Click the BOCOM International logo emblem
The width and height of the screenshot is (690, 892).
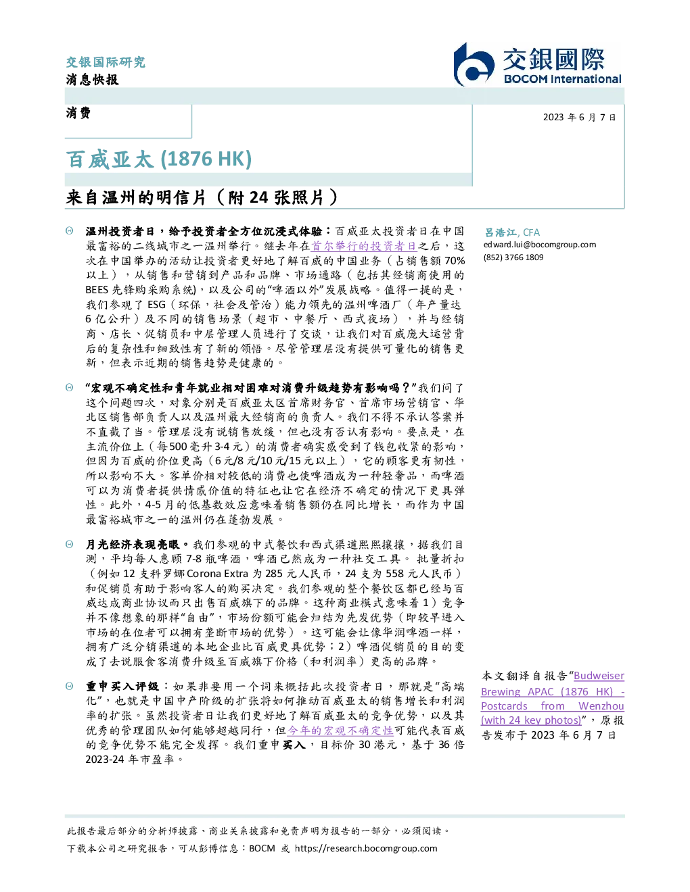pyautogui.click(x=474, y=65)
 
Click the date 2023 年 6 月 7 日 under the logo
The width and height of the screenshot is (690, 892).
pyautogui.click(x=579, y=118)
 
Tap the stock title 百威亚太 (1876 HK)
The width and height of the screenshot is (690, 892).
pyautogui.click(x=158, y=159)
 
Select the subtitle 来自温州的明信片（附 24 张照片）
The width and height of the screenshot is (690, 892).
pyautogui.click(x=202, y=197)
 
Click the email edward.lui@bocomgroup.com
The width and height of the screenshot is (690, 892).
pyautogui.click(x=540, y=245)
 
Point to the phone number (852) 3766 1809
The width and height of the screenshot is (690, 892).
pyautogui.click(x=513, y=257)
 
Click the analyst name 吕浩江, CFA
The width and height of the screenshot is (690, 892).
pyautogui.click(x=512, y=232)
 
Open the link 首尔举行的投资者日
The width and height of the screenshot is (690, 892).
pyautogui.click(x=364, y=246)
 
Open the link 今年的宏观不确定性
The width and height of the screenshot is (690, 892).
pyautogui.click(x=340, y=730)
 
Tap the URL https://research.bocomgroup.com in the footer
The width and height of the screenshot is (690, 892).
pyautogui.click(x=366, y=849)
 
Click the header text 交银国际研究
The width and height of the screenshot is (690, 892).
pyautogui.click(x=106, y=62)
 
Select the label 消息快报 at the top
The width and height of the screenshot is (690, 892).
pyautogui.click(x=93, y=79)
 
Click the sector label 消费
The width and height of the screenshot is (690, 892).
pyautogui.click(x=78, y=113)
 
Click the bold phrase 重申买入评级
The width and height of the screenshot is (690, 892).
pyautogui.click(x=122, y=687)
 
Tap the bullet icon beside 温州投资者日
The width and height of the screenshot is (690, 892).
pyautogui.click(x=70, y=231)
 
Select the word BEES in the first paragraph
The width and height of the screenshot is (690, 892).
pyautogui.click(x=97, y=290)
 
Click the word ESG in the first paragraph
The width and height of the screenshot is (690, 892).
pyautogui.click(x=156, y=305)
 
